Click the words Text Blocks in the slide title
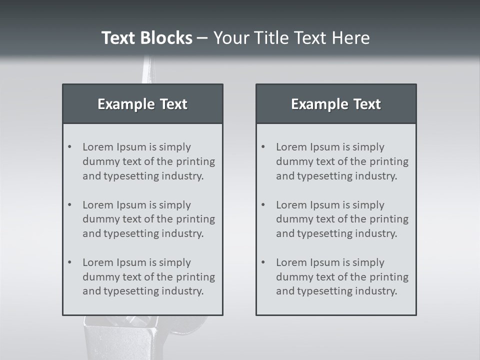click(x=146, y=38)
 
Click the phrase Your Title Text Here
click(x=291, y=38)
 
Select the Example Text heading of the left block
click(x=142, y=104)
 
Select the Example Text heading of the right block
click(x=336, y=104)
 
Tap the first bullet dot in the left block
click(x=69, y=147)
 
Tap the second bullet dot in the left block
click(x=69, y=205)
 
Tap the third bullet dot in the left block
click(x=69, y=262)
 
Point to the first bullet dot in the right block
click(x=263, y=147)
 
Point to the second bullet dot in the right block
click(x=263, y=205)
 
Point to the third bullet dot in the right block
click(x=263, y=262)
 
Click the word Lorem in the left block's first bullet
click(x=97, y=147)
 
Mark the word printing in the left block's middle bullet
click(x=196, y=219)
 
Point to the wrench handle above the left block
click(x=146, y=70)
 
